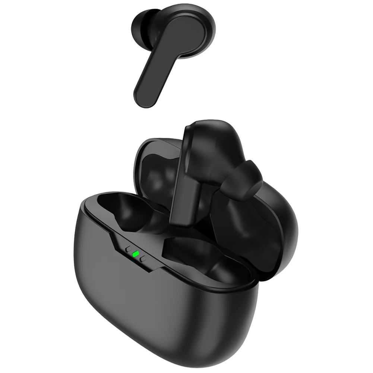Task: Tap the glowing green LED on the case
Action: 136,255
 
